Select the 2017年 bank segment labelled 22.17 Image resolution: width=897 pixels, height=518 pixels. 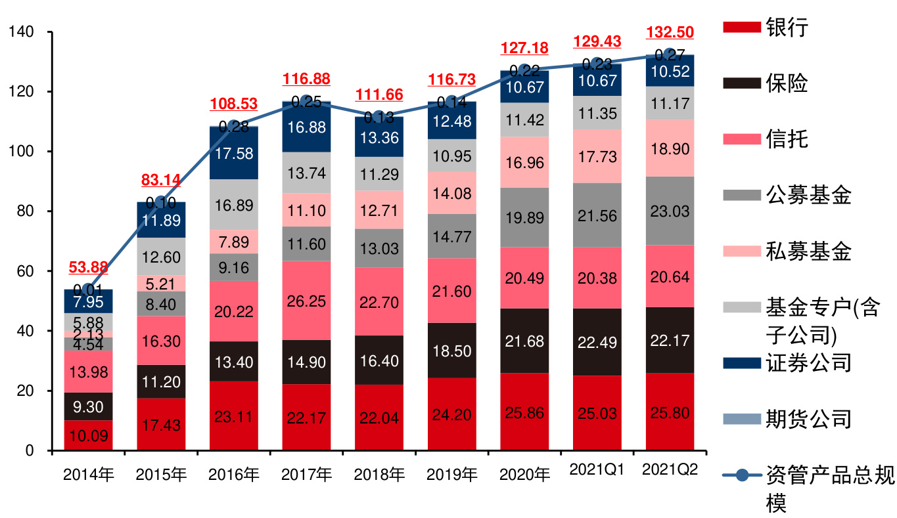click(x=306, y=417)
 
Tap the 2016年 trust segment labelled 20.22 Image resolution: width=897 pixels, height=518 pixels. click(x=234, y=311)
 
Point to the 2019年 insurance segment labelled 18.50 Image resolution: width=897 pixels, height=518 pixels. click(x=452, y=351)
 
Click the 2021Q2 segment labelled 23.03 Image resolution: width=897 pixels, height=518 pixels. click(x=670, y=211)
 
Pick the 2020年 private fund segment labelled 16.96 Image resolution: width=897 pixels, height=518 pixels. click(x=524, y=162)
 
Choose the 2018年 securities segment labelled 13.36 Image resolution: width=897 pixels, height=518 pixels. click(x=379, y=137)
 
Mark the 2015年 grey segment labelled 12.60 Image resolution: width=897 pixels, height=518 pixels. click(x=161, y=256)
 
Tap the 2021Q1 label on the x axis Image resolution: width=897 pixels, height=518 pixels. click(x=597, y=469)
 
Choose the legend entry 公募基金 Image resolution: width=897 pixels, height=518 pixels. click(x=808, y=195)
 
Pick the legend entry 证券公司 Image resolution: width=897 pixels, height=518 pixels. click(x=808, y=362)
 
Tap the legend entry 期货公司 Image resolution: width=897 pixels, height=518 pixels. click(x=808, y=418)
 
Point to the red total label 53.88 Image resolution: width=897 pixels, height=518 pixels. click(x=89, y=267)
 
